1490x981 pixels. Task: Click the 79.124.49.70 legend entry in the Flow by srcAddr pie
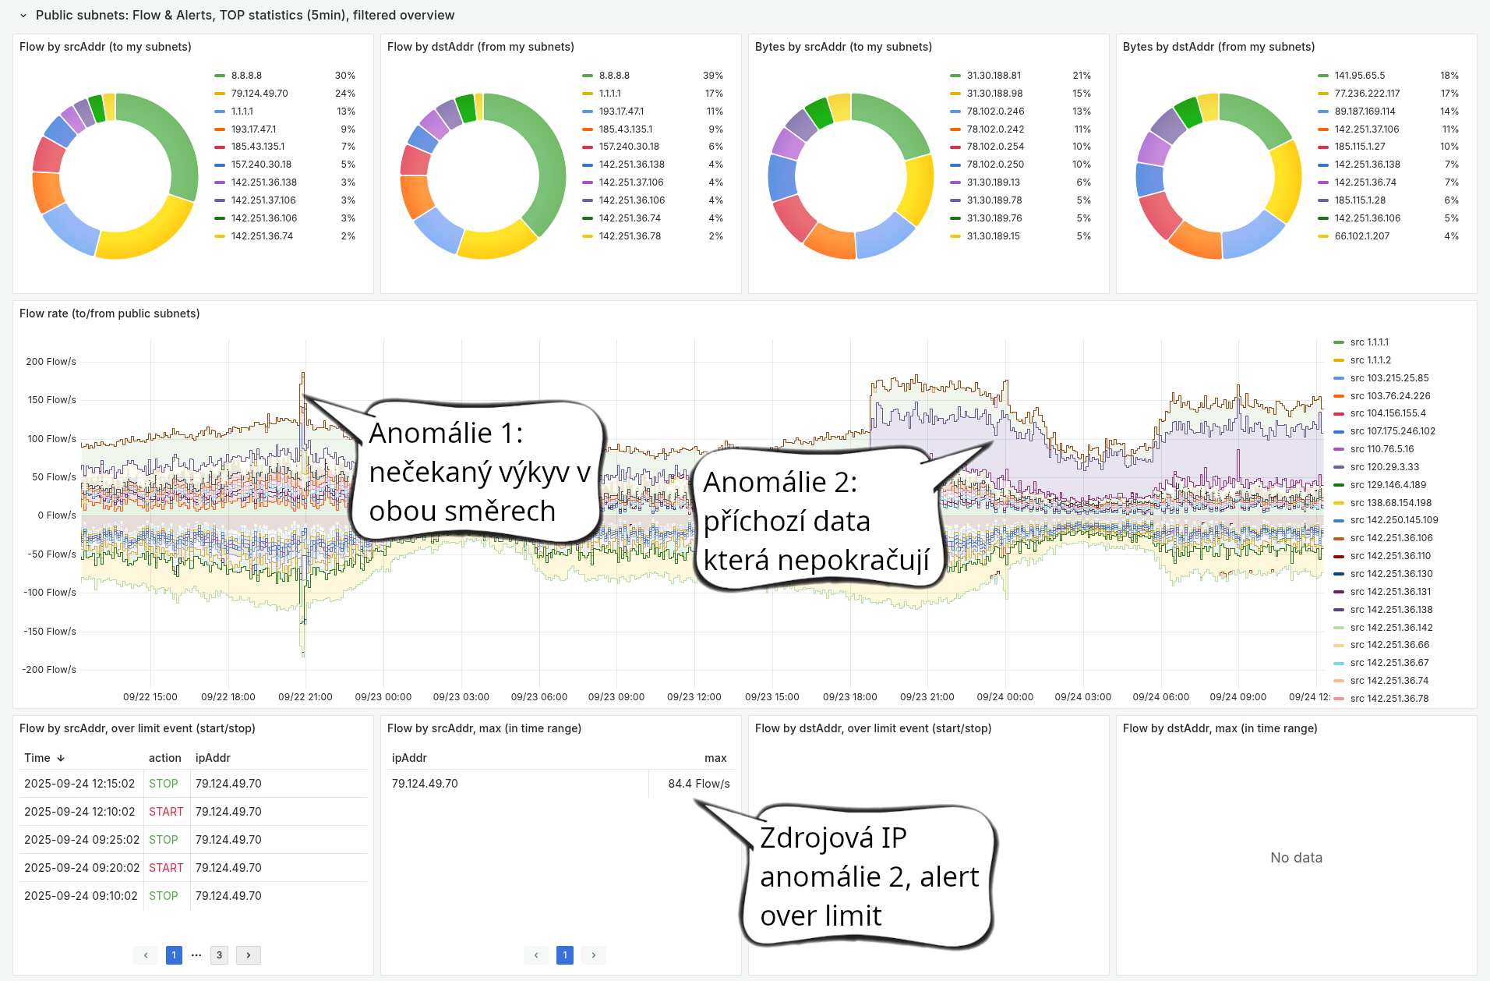point(260,94)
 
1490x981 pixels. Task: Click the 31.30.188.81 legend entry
point(994,76)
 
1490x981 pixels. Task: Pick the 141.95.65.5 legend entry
point(1359,76)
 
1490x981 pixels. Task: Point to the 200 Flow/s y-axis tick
point(51,362)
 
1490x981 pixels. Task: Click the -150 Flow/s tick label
point(49,632)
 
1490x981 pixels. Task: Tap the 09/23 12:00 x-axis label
point(694,697)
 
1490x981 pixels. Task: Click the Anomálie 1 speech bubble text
point(477,472)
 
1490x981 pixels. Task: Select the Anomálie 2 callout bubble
point(814,521)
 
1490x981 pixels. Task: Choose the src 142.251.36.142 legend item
point(1391,628)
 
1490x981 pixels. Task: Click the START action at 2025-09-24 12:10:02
point(166,812)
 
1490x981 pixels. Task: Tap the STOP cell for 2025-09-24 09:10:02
point(164,896)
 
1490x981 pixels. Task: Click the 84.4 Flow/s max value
point(698,784)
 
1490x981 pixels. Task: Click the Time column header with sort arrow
point(44,758)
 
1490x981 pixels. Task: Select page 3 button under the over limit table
point(219,955)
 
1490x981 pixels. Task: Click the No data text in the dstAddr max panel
point(1296,858)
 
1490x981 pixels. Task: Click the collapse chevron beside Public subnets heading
point(23,16)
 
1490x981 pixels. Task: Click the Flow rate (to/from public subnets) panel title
point(109,313)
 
